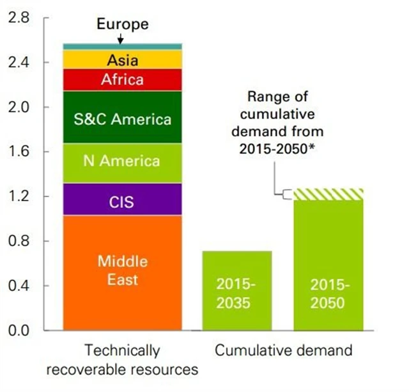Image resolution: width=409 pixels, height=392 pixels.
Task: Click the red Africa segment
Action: click(122, 79)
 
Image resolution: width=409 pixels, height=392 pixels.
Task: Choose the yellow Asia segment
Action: click(122, 60)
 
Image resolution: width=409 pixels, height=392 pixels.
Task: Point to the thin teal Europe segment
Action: click(122, 46)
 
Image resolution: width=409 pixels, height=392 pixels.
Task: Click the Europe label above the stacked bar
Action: click(123, 25)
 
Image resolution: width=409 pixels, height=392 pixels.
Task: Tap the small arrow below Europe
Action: click(121, 38)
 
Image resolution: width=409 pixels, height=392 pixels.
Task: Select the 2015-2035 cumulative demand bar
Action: click(237, 291)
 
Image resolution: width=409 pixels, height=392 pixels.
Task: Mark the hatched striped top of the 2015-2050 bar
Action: click(328, 194)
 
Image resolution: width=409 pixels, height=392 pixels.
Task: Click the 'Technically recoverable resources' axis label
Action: click(122, 360)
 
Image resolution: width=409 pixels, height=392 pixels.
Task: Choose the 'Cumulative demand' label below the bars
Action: click(284, 351)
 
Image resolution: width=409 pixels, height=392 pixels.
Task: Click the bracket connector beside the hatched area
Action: click(286, 193)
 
